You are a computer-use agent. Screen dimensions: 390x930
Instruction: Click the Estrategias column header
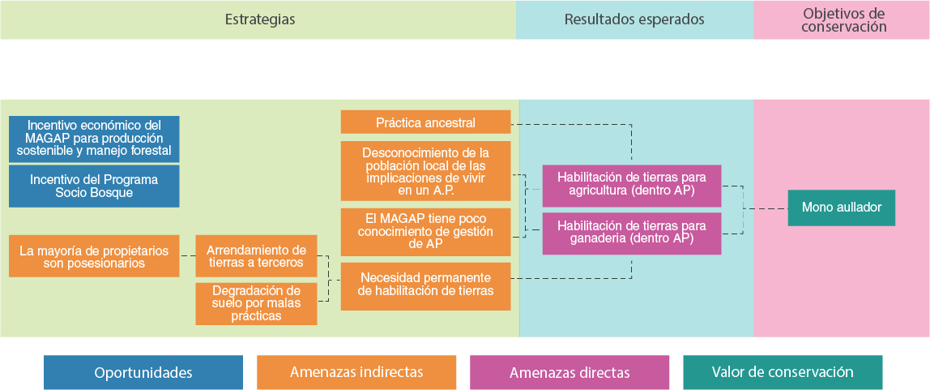[x=259, y=19]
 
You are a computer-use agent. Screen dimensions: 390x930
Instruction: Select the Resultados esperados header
[x=634, y=19]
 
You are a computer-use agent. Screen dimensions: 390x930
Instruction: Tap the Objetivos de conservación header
[x=843, y=19]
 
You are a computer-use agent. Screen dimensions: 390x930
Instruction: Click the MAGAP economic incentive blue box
[x=94, y=139]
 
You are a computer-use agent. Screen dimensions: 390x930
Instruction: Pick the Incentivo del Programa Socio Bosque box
[x=94, y=186]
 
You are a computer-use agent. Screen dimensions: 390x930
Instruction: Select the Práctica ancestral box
[x=425, y=122]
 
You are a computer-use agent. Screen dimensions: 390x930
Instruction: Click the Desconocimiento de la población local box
[x=425, y=171]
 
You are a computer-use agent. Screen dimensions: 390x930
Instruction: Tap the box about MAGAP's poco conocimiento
[x=425, y=232]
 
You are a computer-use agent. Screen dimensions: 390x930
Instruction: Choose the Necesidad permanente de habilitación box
[x=425, y=285]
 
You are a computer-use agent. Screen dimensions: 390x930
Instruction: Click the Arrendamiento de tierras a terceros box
[x=256, y=256]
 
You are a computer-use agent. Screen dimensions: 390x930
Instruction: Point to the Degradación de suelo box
[x=256, y=303]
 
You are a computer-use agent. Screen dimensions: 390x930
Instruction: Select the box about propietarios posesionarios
[x=94, y=256]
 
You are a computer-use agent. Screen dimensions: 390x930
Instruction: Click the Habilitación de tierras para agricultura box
[x=631, y=186]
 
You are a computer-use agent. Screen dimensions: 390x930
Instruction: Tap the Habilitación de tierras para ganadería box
[x=631, y=233]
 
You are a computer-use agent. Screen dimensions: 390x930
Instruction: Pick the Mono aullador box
[x=841, y=208]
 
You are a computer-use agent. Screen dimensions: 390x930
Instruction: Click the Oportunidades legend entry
[x=143, y=373]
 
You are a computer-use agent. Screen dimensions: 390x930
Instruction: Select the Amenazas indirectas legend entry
[x=356, y=373]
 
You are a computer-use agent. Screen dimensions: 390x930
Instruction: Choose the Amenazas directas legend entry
[x=570, y=373]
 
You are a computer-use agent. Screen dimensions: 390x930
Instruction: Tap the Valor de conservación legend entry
[x=783, y=373]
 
